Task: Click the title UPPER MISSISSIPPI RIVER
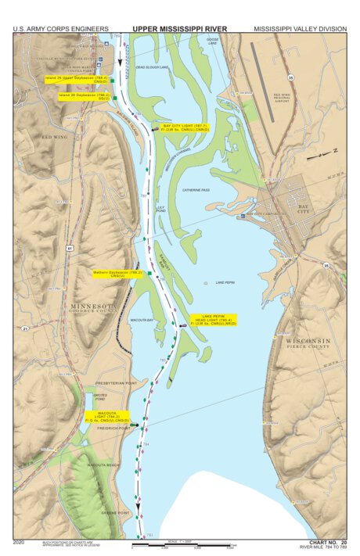click(179, 28)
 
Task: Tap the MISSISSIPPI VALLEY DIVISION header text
click(300, 28)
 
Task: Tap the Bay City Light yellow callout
click(186, 127)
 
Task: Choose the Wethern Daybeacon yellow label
click(117, 274)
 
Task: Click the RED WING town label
click(56, 137)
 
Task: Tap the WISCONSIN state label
click(308, 343)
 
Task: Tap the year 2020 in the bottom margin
click(19, 541)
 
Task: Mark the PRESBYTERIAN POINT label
click(116, 383)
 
